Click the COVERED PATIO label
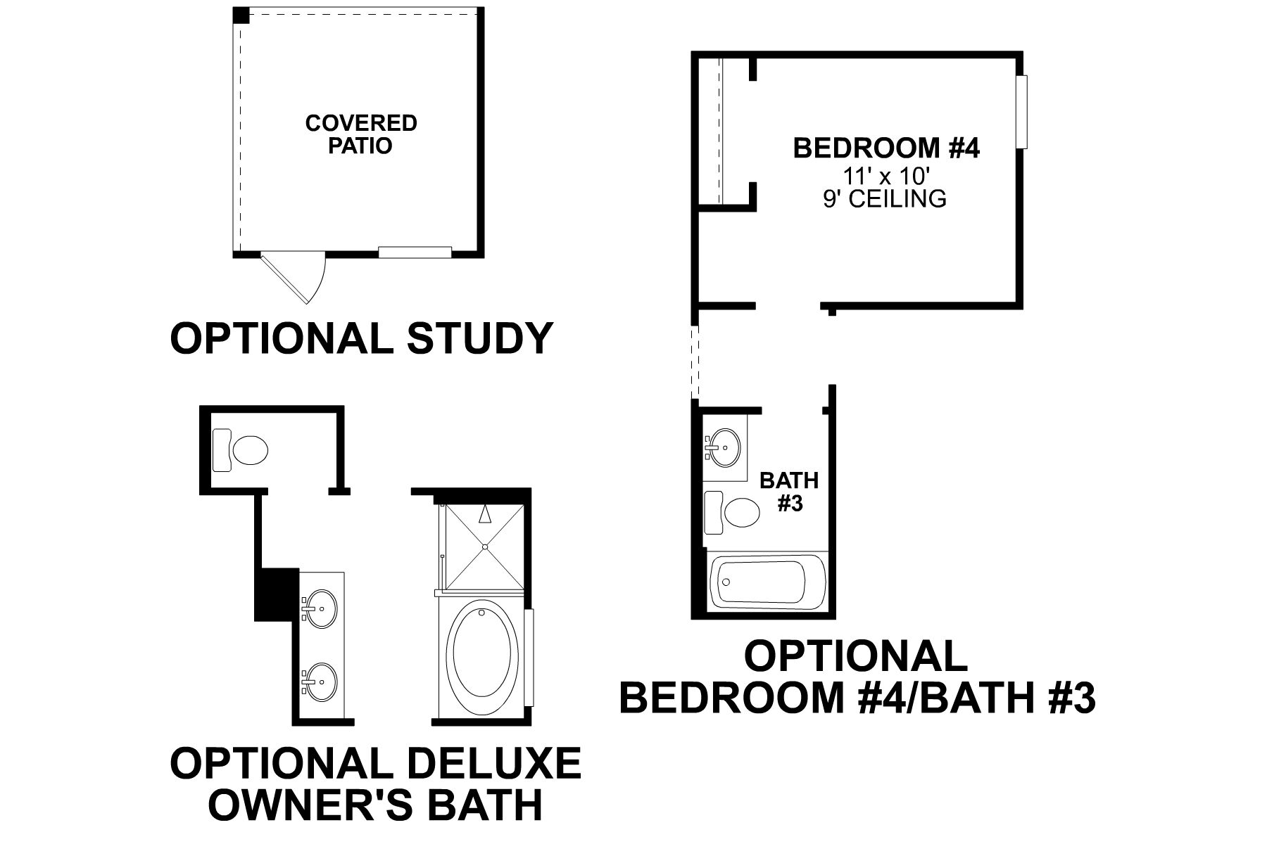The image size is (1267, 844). click(361, 134)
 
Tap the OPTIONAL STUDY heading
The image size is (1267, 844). click(361, 338)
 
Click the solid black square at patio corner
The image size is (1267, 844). click(241, 15)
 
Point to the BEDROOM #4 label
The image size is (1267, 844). click(886, 148)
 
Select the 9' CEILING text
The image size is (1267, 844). click(885, 199)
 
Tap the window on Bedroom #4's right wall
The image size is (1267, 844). click(1022, 112)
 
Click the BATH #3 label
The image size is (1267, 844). click(789, 492)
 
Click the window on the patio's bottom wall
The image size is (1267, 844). click(415, 251)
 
